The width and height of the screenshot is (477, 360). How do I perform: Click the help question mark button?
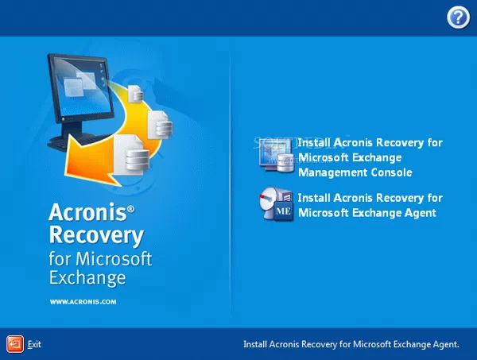click(459, 17)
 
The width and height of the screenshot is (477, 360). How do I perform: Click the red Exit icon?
click(14, 344)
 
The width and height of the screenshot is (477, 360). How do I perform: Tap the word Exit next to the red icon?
click(34, 344)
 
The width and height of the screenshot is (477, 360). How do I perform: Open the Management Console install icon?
click(276, 156)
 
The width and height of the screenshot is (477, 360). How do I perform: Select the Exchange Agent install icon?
click(276, 206)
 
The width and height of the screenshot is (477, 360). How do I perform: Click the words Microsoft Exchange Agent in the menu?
click(366, 213)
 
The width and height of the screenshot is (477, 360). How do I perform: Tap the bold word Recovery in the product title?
click(96, 236)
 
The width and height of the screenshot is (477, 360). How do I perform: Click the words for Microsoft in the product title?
click(100, 259)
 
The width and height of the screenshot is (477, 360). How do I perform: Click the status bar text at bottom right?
click(350, 345)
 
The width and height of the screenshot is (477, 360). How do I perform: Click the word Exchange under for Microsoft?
click(87, 278)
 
